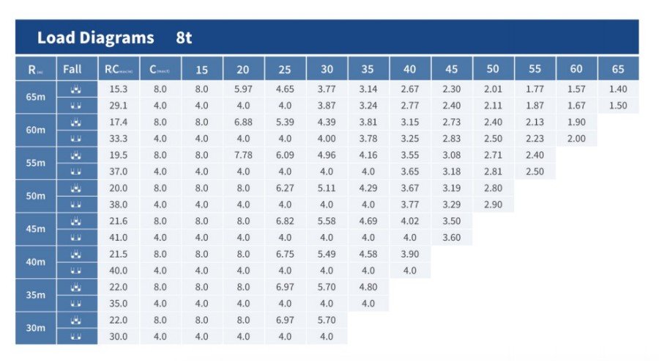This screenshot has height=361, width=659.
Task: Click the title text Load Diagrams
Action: pyautogui.click(x=95, y=38)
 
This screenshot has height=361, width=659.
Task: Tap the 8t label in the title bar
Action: pyautogui.click(x=184, y=38)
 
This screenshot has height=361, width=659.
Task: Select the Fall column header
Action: pyautogui.click(x=72, y=70)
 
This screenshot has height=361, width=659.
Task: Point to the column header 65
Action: pyautogui.click(x=618, y=70)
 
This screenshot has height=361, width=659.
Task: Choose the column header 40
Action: pyautogui.click(x=410, y=70)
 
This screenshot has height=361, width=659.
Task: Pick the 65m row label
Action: pyautogui.click(x=35, y=97)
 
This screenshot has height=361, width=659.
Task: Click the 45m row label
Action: pyautogui.click(x=35, y=229)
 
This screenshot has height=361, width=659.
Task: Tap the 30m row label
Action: pyautogui.click(x=35, y=328)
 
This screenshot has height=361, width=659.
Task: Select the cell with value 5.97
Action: pyautogui.click(x=243, y=89)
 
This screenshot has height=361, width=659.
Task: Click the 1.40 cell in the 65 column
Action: pyautogui.click(x=618, y=89)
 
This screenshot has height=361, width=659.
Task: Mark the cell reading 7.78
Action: pyautogui.click(x=243, y=155)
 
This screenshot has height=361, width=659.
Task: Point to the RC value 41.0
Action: pyautogui.click(x=118, y=238)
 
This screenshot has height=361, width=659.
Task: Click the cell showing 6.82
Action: pyautogui.click(x=285, y=221)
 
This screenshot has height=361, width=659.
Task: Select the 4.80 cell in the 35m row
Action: pyautogui.click(x=368, y=287)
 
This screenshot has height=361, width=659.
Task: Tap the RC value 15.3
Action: pyautogui.click(x=118, y=89)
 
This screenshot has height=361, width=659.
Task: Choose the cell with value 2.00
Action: pyautogui.click(x=576, y=139)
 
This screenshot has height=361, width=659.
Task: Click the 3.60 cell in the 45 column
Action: pyautogui.click(x=452, y=238)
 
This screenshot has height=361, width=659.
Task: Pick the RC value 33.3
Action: pyautogui.click(x=118, y=139)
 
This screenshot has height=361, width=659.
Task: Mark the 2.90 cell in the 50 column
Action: pyautogui.click(x=493, y=205)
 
